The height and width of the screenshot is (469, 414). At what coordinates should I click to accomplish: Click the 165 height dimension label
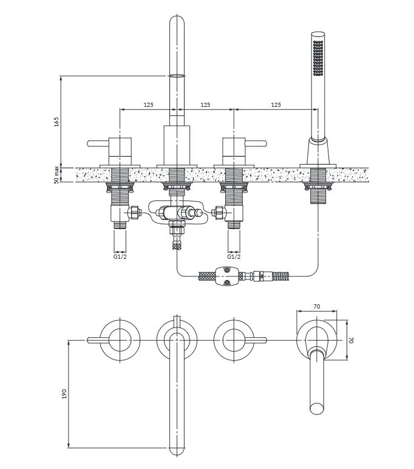[x=56, y=122]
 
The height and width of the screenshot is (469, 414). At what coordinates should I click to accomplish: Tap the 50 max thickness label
[x=56, y=175]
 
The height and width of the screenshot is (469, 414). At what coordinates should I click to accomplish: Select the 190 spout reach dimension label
[x=64, y=394]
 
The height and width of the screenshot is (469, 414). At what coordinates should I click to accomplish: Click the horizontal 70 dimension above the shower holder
[x=317, y=306]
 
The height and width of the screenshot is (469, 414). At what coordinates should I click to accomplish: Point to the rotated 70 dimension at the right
[x=351, y=340]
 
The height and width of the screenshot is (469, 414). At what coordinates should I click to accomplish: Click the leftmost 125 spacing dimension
[x=149, y=104]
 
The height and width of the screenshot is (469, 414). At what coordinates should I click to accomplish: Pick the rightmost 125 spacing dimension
[x=276, y=104]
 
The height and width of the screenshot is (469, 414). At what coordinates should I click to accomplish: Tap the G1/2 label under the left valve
[x=120, y=256]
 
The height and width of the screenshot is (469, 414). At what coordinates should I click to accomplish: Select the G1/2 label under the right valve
[x=234, y=256]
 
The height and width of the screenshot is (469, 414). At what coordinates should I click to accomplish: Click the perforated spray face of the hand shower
[x=317, y=58]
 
